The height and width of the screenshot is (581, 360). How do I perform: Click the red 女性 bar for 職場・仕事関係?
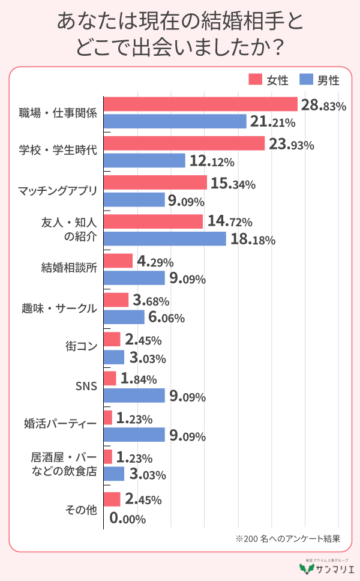tap(201, 104)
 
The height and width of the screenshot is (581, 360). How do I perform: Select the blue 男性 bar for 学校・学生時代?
tap(145, 161)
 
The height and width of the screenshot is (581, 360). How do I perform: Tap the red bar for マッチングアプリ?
tap(155, 182)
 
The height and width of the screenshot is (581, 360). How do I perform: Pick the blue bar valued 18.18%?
tap(165, 239)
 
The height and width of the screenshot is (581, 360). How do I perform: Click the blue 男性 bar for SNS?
tap(134, 396)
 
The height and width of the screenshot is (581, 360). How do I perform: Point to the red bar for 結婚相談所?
tap(118, 261)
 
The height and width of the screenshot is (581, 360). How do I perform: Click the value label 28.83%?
tap(323, 106)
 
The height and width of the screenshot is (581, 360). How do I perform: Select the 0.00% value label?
tap(128, 519)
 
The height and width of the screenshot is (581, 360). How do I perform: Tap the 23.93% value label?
tap(290, 145)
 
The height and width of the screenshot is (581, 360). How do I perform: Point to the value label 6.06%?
tap(166, 318)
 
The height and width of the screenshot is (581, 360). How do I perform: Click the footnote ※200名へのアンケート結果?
tap(289, 538)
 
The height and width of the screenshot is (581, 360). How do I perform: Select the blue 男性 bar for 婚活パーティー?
tap(134, 435)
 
